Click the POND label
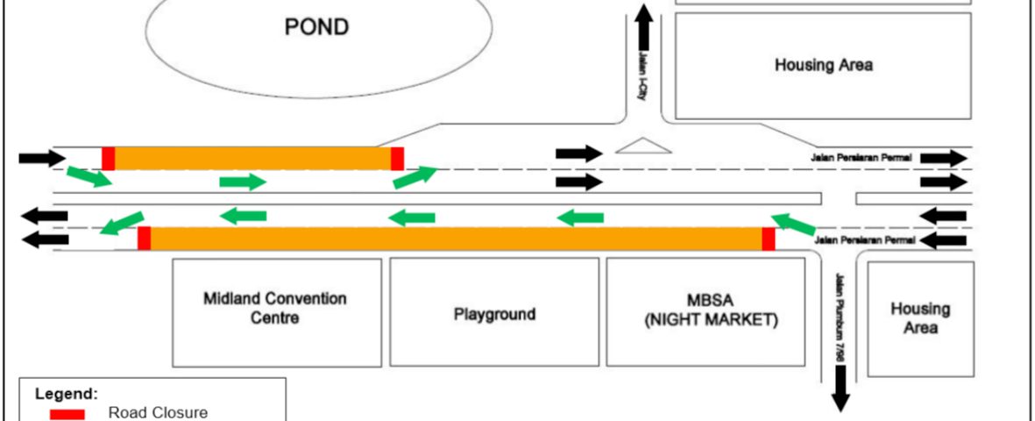pyautogui.click(x=316, y=27)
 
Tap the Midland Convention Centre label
pyautogui.click(x=275, y=308)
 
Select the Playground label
pyautogui.click(x=495, y=314)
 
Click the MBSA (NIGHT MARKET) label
pyautogui.click(x=711, y=310)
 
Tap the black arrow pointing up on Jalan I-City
pyautogui.click(x=644, y=26)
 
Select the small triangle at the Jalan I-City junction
pyautogui.click(x=643, y=146)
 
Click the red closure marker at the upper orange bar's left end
pyautogui.click(x=109, y=159)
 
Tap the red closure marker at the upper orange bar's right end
pyautogui.click(x=397, y=159)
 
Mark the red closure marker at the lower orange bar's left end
pyautogui.click(x=145, y=239)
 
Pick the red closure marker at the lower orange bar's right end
pyautogui.click(x=769, y=239)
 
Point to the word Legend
pyautogui.click(x=67, y=394)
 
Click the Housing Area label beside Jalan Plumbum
pyautogui.click(x=920, y=318)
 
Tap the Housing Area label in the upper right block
pyautogui.click(x=823, y=65)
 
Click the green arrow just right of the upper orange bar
pyautogui.click(x=415, y=176)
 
